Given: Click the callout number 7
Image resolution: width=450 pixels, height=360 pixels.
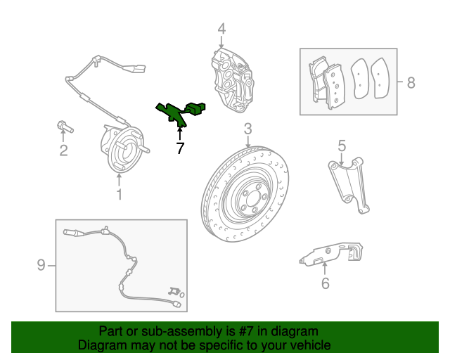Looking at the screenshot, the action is (x=180, y=148).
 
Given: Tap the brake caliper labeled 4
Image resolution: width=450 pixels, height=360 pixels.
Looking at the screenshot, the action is (x=232, y=80).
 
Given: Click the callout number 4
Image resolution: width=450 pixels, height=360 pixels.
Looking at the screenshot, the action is (x=221, y=29).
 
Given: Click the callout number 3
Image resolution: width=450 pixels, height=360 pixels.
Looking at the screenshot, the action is (x=248, y=129).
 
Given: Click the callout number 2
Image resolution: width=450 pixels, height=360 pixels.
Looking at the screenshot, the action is (x=63, y=150).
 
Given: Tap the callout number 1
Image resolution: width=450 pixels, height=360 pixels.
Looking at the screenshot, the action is (x=119, y=194).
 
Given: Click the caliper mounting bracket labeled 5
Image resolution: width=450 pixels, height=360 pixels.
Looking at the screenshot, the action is (x=349, y=185).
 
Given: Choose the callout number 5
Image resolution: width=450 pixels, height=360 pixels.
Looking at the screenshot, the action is (x=342, y=146).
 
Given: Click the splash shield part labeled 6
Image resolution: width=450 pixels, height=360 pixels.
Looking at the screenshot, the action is (x=330, y=254).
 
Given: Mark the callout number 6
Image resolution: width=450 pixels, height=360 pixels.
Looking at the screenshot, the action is (x=325, y=283).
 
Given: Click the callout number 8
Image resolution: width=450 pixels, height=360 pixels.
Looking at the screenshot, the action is (x=411, y=83).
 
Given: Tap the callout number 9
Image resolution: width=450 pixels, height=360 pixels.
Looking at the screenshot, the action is (x=41, y=264).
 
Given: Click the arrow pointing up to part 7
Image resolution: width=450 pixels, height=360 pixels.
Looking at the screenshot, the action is (x=180, y=134).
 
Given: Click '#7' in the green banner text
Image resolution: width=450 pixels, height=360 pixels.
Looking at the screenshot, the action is (x=246, y=331).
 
